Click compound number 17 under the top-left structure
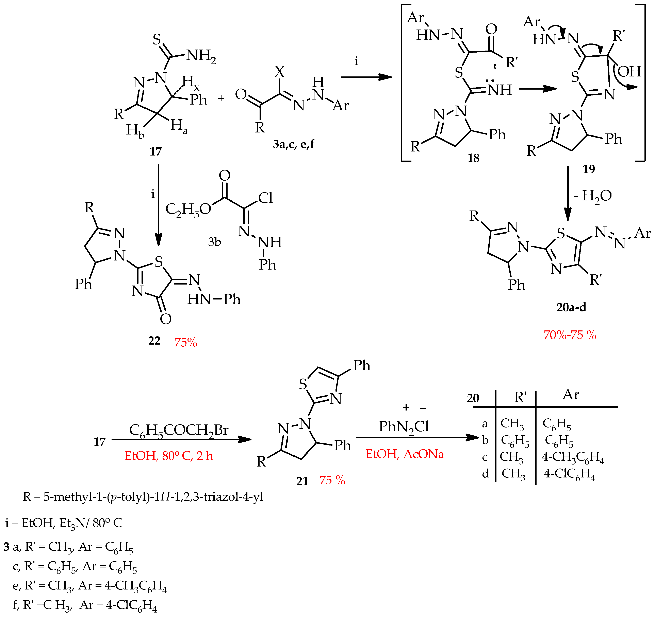pos(155,151)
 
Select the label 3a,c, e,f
pos(293,144)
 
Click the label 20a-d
pos(571,307)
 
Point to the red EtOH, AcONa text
pos(404,454)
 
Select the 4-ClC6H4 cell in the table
pos(569,474)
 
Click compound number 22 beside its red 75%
pos(154,341)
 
